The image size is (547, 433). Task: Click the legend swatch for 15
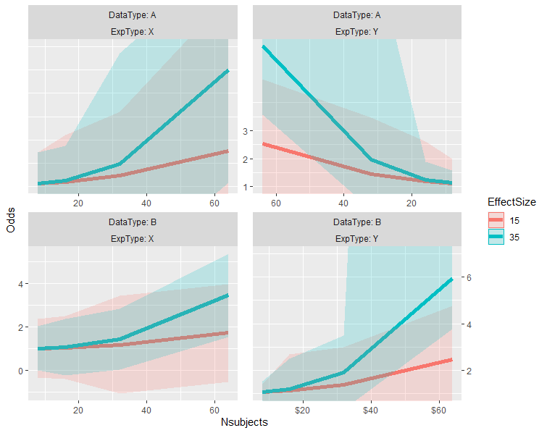[496, 219]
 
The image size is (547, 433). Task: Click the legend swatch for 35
[496, 236]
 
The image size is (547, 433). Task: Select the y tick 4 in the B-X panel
[20, 284]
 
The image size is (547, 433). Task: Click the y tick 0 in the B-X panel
[20, 371]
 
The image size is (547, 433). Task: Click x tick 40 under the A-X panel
[146, 203]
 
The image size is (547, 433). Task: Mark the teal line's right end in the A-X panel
[229, 70]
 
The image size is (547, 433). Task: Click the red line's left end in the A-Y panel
[263, 143]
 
